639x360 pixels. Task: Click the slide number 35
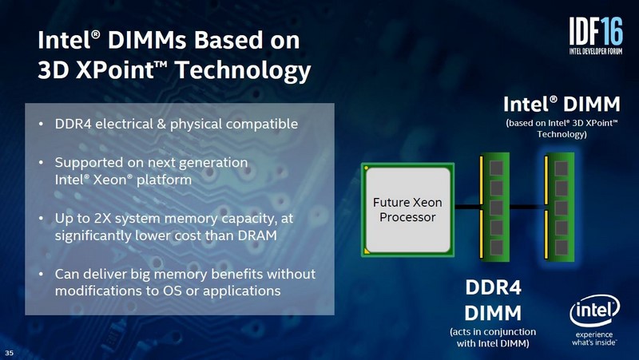tap(10, 352)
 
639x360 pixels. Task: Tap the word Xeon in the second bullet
tap(121, 180)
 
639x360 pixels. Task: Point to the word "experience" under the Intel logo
tap(590, 334)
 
